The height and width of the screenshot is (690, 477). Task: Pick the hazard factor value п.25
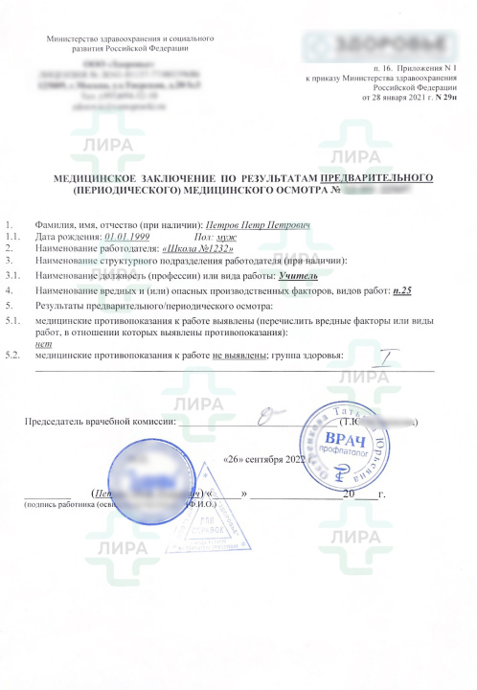401,288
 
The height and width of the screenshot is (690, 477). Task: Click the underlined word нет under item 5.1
41,342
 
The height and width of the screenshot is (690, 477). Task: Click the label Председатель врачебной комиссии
100,420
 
